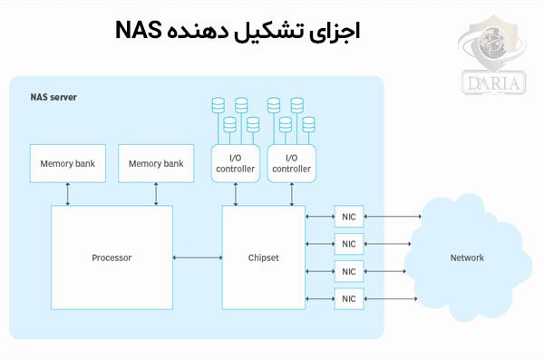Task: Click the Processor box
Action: coord(112,258)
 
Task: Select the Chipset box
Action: coord(263,258)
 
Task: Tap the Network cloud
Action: coord(467,258)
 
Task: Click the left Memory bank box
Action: coord(67,164)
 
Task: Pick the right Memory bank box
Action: coord(156,164)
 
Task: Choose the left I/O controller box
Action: coord(236,163)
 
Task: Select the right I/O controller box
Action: coord(291,163)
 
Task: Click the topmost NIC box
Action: coord(349,216)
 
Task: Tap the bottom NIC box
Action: coord(349,298)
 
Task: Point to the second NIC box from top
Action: coord(349,243)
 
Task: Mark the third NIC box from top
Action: coord(349,271)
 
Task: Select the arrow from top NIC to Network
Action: coord(392,216)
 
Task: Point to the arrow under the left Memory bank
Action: coord(67,193)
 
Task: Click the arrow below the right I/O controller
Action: coord(291,193)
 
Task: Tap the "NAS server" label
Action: coord(52,96)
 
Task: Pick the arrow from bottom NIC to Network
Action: coord(392,298)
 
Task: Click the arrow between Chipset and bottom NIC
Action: coord(320,298)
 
